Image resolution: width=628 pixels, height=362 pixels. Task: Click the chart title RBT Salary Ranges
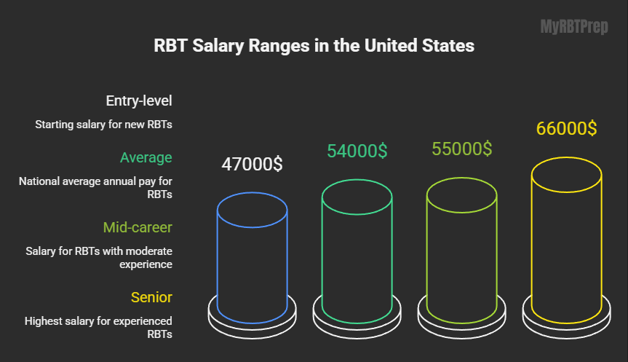314,46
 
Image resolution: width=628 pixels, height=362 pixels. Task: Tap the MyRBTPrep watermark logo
574,28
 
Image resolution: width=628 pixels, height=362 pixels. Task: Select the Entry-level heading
138,101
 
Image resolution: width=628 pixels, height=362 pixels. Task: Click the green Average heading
146,157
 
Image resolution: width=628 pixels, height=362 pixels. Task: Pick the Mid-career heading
138,227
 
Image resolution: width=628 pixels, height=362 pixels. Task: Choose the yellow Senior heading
151,297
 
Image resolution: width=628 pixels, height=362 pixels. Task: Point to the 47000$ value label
252,164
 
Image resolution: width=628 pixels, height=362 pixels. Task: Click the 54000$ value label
357,151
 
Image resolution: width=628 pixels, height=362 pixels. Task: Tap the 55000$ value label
461,149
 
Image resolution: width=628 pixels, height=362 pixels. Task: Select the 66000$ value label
566,128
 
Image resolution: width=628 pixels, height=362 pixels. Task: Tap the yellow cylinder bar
566,240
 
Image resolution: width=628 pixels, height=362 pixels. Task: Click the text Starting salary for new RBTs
103,125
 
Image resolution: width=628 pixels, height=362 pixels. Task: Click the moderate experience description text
99,258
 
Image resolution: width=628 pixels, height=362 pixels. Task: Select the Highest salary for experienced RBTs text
98,327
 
